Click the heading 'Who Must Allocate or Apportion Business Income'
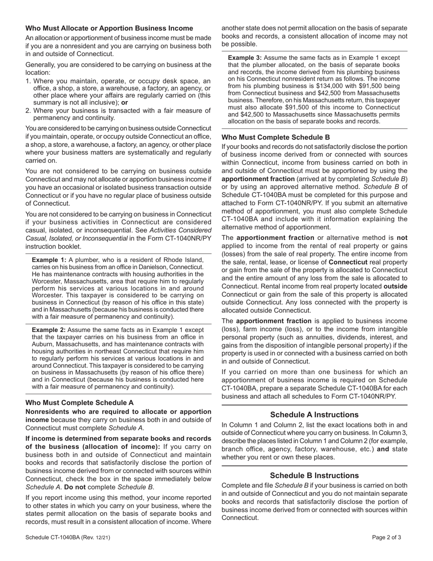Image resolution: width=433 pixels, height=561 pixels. (x=109, y=28)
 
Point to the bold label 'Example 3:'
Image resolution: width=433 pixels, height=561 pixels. (x=245, y=57)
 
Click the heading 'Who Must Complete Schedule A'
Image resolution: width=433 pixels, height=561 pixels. (x=79, y=403)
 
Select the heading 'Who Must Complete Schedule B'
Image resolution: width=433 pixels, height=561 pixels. (x=275, y=137)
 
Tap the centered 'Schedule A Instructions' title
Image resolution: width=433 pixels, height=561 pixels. (x=314, y=415)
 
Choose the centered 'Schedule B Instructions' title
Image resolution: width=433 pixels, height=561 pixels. (x=314, y=475)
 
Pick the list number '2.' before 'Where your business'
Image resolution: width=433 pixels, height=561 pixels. (x=28, y=110)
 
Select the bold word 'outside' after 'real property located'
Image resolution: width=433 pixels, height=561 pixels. (x=395, y=286)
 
